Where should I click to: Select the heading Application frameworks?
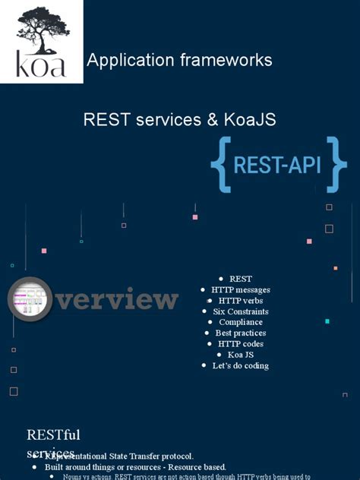(x=179, y=60)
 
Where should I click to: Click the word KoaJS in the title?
(x=250, y=119)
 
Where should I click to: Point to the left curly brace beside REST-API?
(x=222, y=164)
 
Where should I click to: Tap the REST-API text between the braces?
(x=277, y=166)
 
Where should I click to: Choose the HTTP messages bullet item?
(x=241, y=290)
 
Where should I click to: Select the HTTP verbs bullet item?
(x=241, y=301)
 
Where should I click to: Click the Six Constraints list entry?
(x=241, y=311)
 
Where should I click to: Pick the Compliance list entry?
(x=241, y=322)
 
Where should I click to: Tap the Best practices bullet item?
(x=241, y=333)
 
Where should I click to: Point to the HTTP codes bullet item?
(x=241, y=344)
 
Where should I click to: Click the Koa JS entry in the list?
(x=241, y=355)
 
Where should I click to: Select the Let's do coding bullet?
(x=241, y=365)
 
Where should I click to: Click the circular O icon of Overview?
(x=30, y=299)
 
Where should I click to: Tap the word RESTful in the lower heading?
(x=53, y=435)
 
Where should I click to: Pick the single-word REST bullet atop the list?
(x=241, y=279)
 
